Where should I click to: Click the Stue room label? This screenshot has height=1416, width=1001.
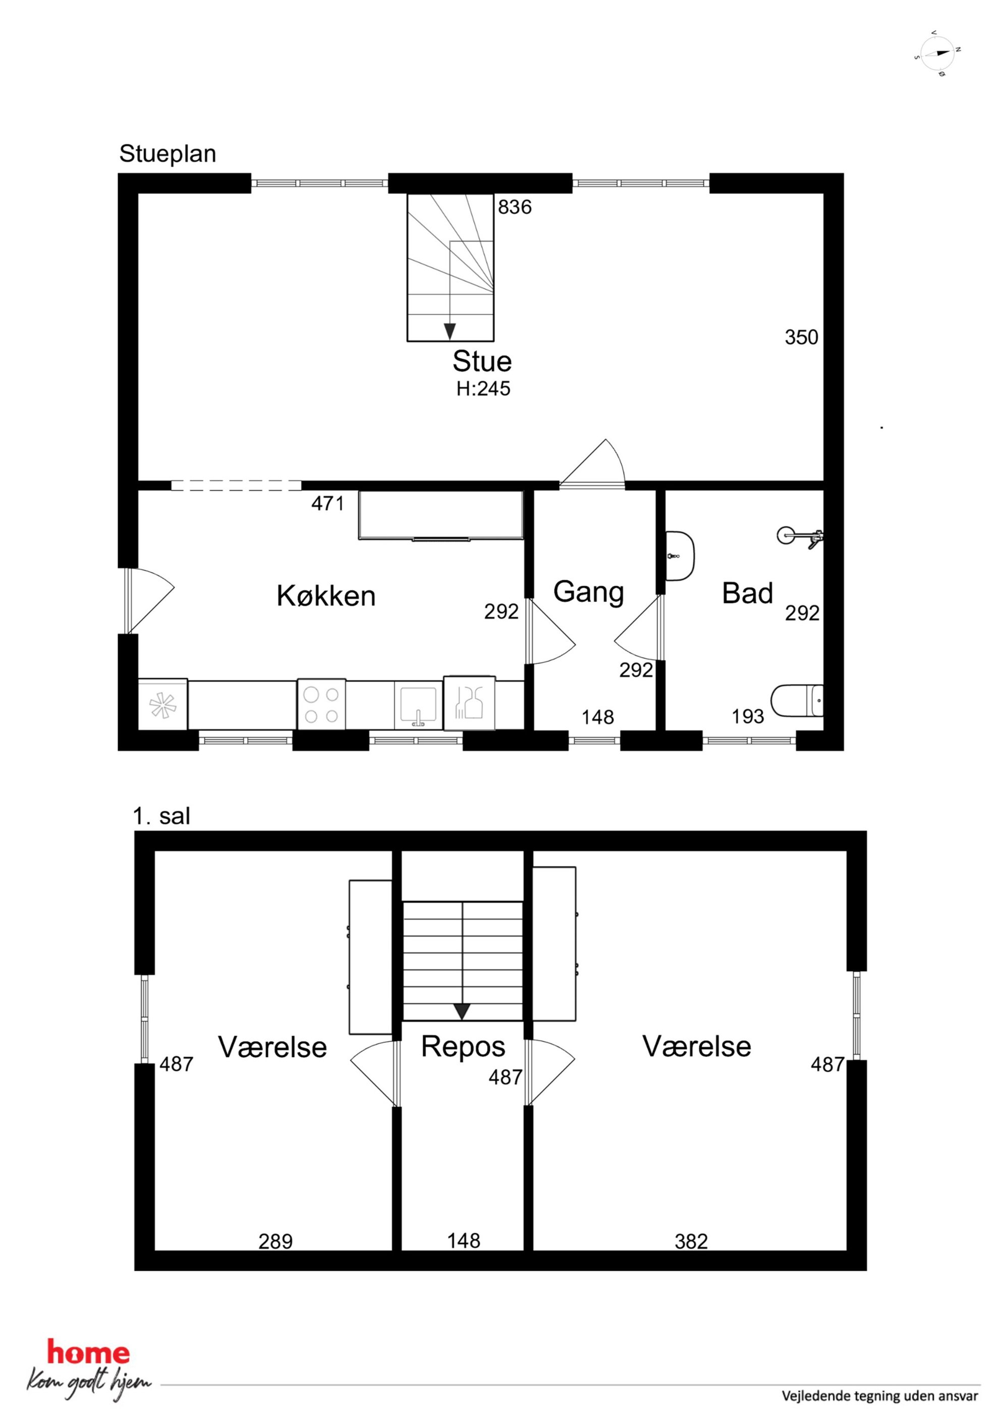tap(482, 361)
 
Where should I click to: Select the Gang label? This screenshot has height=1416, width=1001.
tap(588, 592)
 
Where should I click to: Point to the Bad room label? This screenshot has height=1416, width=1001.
tap(748, 593)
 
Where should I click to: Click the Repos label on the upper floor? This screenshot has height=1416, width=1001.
tap(463, 1047)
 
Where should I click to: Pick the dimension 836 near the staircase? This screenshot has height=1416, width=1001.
tap(515, 207)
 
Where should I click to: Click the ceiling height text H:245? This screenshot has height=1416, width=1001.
tap(483, 389)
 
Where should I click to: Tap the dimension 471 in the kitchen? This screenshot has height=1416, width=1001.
tap(327, 504)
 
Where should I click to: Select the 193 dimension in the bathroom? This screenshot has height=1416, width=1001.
tap(748, 717)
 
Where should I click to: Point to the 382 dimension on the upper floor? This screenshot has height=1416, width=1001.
tap(691, 1241)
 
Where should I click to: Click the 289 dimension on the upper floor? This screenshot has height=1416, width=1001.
tap(275, 1241)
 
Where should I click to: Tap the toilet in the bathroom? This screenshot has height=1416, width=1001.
tap(797, 700)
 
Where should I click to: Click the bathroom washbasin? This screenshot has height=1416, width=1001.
tap(680, 556)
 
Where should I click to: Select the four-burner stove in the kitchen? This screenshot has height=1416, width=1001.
tap(321, 705)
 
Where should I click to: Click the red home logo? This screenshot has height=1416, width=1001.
tap(89, 1353)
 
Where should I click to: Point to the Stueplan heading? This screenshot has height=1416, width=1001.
tap(168, 153)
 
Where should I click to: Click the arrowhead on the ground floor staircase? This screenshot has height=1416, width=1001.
tap(450, 331)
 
